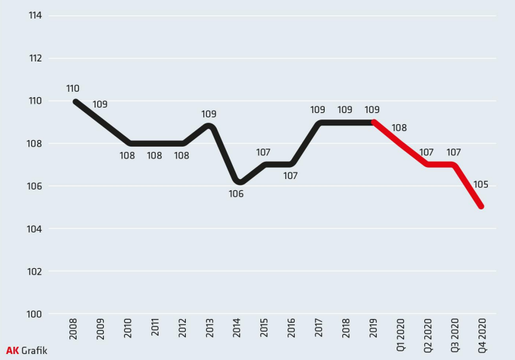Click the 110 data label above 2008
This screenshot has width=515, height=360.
point(73,89)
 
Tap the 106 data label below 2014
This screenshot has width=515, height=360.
point(236,194)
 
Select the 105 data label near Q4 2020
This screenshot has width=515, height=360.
point(481,184)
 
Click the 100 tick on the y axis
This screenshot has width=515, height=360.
point(35,314)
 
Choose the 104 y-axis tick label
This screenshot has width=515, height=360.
point(35,229)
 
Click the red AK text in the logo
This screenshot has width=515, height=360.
point(12,350)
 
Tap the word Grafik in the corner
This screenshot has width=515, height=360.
point(34,350)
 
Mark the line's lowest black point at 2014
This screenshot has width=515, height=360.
point(238,182)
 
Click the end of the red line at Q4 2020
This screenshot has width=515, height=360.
point(481,206)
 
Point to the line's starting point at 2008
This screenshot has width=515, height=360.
point(75,102)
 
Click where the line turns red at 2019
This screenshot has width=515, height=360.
point(374,122)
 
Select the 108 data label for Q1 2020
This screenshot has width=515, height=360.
point(399,128)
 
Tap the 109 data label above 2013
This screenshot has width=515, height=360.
point(209,114)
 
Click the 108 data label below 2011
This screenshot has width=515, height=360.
point(154,156)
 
